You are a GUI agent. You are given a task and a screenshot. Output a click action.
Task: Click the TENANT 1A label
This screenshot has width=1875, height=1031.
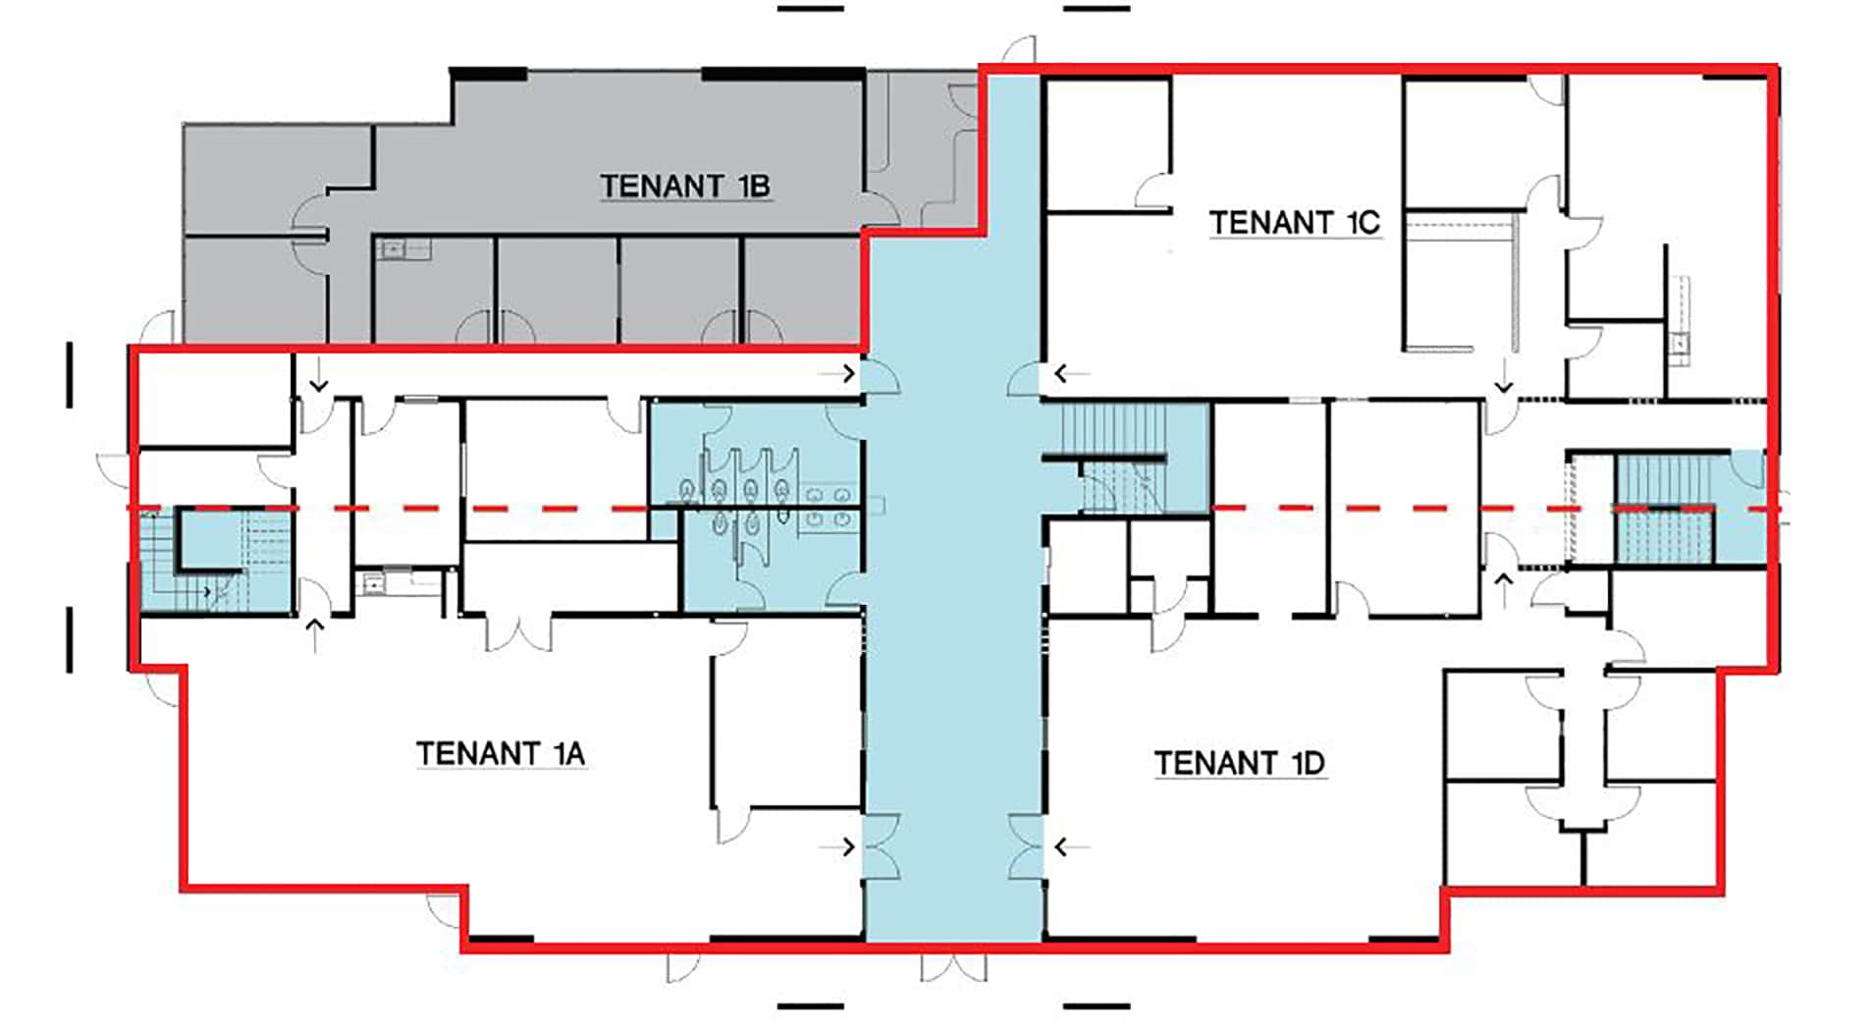(x=501, y=753)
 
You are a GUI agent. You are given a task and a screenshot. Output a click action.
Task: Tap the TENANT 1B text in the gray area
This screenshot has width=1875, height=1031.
(x=685, y=186)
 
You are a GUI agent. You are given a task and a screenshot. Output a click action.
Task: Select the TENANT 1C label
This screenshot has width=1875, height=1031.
(x=1295, y=223)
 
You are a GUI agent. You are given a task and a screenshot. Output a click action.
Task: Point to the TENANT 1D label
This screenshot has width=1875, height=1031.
(x=1240, y=763)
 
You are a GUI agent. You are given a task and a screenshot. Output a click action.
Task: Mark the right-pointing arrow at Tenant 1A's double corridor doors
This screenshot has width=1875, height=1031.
(x=838, y=846)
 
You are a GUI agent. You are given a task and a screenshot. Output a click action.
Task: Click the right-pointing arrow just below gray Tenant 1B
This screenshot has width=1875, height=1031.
(x=838, y=373)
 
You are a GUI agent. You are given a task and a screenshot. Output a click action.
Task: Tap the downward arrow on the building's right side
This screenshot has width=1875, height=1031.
(x=1503, y=376)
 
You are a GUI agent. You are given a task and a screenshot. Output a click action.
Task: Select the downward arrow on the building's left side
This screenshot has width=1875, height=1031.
(x=318, y=374)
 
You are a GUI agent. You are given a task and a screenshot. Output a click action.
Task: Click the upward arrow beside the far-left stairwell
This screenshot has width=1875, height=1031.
(x=315, y=635)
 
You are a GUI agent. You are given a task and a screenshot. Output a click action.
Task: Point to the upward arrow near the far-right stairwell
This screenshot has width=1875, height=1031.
(x=1503, y=590)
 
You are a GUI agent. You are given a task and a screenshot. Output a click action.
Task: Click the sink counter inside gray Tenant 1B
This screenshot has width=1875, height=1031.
(x=403, y=249)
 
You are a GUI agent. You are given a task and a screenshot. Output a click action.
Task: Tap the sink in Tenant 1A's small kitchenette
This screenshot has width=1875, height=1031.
(x=374, y=583)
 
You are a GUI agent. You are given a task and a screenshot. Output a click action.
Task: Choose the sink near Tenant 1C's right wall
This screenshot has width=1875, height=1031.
(x=1680, y=343)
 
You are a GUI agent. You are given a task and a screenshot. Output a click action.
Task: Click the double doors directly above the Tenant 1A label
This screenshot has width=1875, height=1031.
(x=520, y=632)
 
